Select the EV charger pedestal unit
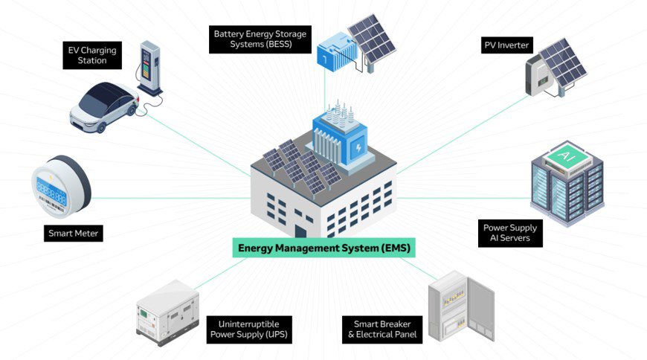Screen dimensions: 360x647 click(x=151, y=68)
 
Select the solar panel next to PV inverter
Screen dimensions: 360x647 click(x=564, y=62)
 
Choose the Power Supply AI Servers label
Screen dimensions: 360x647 click(x=510, y=234)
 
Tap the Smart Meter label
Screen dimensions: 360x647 click(x=73, y=234)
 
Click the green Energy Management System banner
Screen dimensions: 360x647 click(x=323, y=248)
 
